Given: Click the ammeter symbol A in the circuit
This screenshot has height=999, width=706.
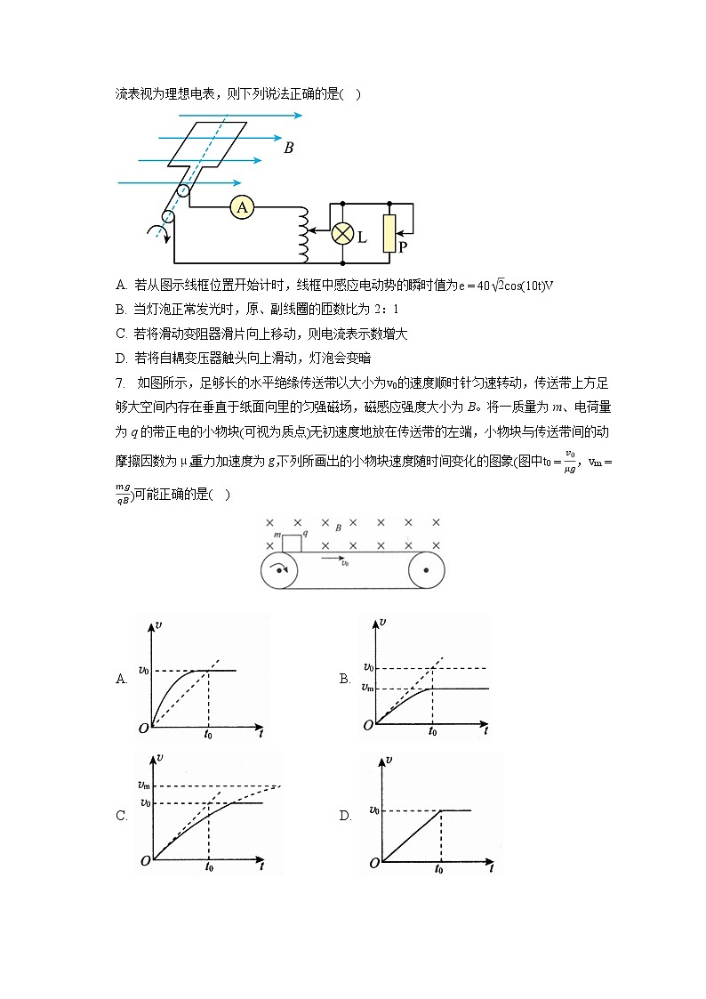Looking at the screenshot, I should [241, 207].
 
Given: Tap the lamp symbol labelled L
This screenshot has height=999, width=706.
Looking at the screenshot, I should [343, 234].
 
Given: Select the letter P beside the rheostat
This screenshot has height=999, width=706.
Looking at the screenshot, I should [403, 248].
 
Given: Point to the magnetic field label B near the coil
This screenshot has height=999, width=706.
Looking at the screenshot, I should [288, 149].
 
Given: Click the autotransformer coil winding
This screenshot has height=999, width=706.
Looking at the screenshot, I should [303, 233].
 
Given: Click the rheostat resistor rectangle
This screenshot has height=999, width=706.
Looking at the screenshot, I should [389, 233].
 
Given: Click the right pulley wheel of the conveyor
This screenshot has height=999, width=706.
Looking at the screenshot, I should [426, 569].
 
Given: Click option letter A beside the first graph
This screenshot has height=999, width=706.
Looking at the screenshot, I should [122, 679].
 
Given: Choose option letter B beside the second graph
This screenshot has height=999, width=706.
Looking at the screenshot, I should [345, 679].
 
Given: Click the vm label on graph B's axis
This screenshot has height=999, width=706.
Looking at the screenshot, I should [369, 687].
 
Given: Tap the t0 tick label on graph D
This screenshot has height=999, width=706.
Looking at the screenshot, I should [439, 869].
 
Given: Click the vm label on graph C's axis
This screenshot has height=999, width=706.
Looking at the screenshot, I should [143, 785].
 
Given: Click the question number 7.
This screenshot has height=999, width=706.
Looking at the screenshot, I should [119, 383].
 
